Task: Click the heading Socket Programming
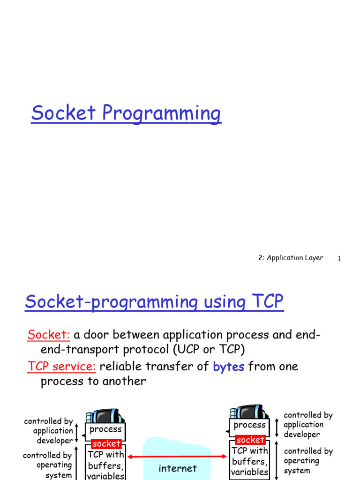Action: pos(126,113)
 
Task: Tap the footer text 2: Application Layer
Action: pos(291,258)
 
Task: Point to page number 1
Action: pos(339,258)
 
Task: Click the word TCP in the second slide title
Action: pos(267,301)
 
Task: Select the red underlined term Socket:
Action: pos(49,335)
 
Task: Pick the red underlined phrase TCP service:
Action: pos(61,367)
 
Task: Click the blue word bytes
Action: pos(228,367)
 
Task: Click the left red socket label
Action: pos(106,443)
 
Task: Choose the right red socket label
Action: pos(250,440)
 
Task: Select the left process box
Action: pos(105,431)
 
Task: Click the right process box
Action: pos(249,427)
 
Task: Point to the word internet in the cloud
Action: pos(178,468)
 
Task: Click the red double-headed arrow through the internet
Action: pos(177,457)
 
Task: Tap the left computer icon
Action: pos(105,416)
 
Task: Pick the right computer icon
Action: pos(249,412)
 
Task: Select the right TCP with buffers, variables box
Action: pos(249,460)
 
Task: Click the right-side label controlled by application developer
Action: pos(307,425)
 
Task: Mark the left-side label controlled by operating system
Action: pos(47,465)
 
